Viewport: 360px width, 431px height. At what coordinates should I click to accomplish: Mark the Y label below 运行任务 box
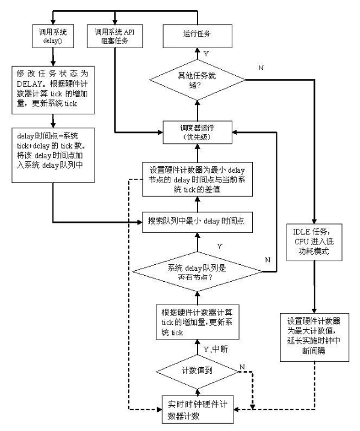pos(206,53)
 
